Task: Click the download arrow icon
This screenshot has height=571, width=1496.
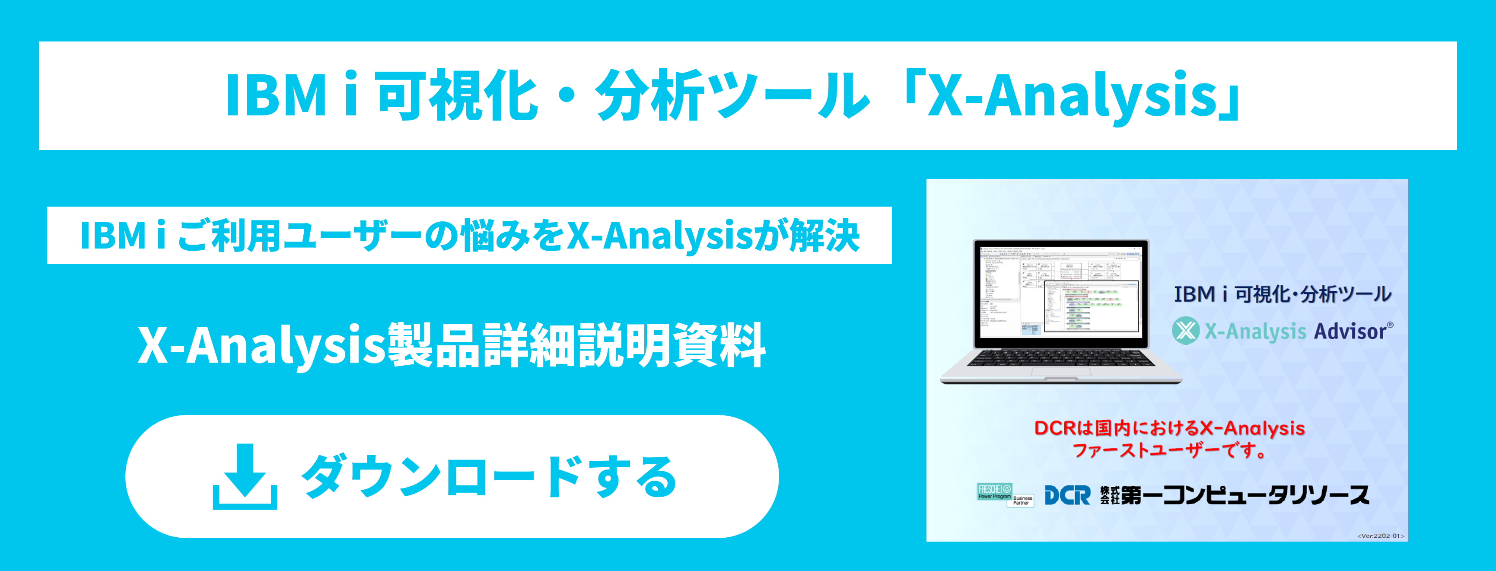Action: (x=245, y=477)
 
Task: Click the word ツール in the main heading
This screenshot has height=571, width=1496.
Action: (x=790, y=96)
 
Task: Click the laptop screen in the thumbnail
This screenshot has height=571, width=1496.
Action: (x=1060, y=294)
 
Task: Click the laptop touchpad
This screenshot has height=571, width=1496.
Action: (x=1060, y=372)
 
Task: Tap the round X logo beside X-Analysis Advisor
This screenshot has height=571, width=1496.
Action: (x=1185, y=331)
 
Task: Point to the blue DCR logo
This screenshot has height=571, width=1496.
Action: (x=1067, y=495)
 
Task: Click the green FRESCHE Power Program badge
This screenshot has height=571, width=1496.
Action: (x=994, y=491)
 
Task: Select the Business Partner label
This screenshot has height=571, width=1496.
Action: (x=1023, y=500)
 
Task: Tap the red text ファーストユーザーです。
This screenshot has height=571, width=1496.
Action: (x=1168, y=450)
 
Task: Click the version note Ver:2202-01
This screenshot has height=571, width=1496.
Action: (x=1381, y=536)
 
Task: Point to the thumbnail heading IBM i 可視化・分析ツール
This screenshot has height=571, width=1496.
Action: (x=1282, y=294)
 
